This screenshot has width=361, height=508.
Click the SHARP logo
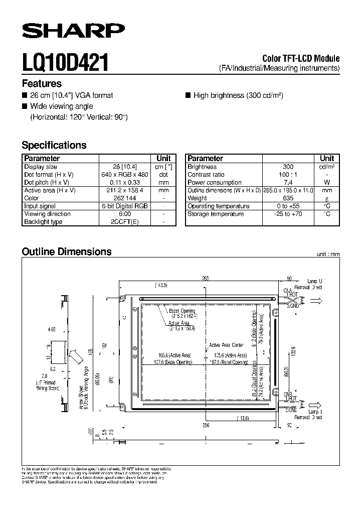(73, 32)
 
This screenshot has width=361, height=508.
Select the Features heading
(42, 84)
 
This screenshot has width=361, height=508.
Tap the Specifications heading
(54, 145)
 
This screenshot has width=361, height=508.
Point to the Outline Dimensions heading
(67, 251)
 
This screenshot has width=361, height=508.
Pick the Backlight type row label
(43, 222)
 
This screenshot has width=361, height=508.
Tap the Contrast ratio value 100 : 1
(288, 175)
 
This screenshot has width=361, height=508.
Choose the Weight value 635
(288, 198)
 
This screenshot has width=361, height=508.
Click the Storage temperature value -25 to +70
(288, 214)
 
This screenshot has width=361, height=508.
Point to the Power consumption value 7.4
(288, 182)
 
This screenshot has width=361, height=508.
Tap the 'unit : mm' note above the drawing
(328, 255)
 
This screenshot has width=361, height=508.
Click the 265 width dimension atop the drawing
(206, 278)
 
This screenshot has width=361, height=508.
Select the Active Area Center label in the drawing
(227, 345)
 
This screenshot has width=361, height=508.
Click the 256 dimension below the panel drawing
(206, 425)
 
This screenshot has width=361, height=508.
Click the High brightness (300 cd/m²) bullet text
(238, 95)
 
